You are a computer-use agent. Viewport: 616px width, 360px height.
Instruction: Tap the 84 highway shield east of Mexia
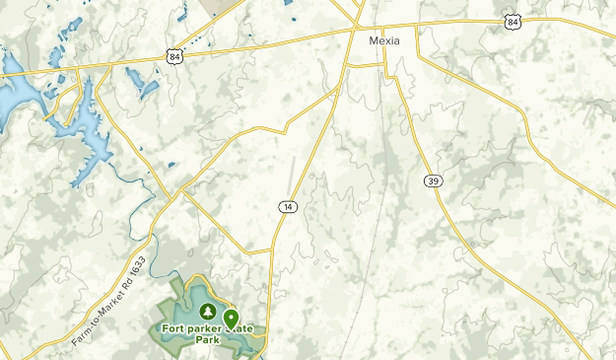click(511, 20)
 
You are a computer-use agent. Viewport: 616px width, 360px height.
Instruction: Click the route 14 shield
click(287, 206)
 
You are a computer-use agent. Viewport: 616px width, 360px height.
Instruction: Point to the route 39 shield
click(433, 180)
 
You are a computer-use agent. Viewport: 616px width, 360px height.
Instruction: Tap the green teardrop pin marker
click(231, 318)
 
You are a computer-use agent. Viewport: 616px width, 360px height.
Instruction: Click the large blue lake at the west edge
click(12, 94)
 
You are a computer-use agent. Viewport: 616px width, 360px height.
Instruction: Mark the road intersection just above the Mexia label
click(355, 29)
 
